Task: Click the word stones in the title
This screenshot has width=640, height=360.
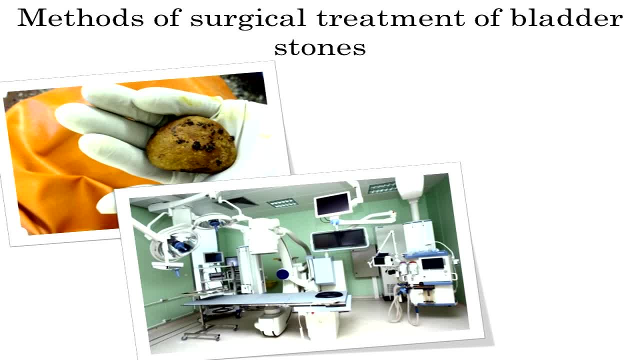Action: [320, 47]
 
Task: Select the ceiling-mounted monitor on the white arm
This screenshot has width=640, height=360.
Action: [332, 204]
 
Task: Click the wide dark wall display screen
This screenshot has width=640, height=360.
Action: [340, 239]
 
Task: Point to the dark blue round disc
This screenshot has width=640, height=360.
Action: [283, 274]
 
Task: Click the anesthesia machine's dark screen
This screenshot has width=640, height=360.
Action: [432, 263]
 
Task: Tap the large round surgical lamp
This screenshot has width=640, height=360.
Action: [172, 245]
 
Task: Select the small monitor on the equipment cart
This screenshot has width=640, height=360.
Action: [213, 257]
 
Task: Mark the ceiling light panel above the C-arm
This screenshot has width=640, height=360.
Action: [282, 202]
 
